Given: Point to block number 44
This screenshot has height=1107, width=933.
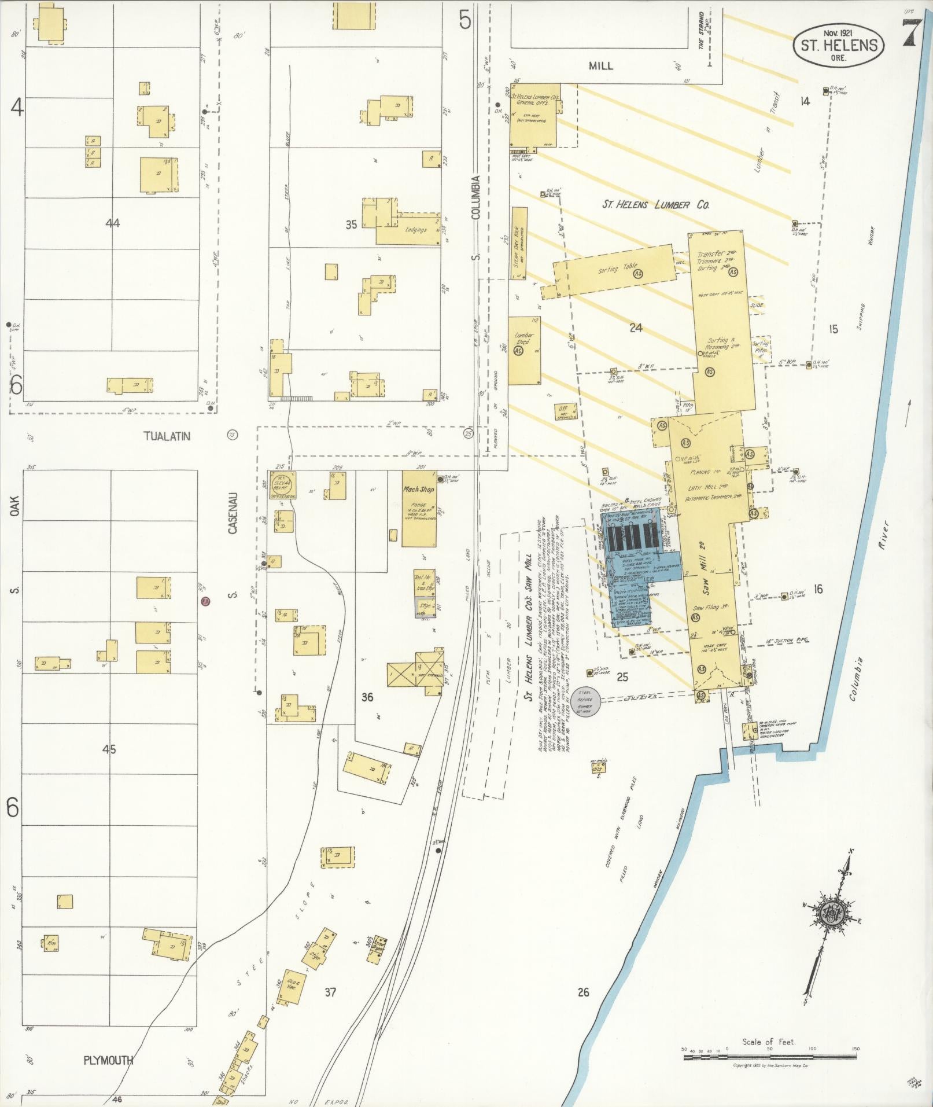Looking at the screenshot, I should [112, 223].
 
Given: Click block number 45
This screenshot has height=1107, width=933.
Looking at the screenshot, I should [109, 749].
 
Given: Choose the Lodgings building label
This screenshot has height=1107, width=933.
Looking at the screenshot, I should [416, 230].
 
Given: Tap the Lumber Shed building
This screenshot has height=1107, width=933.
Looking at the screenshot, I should [525, 351].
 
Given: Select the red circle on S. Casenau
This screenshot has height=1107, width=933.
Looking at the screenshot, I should [204, 602].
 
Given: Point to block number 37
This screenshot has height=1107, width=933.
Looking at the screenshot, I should [330, 992].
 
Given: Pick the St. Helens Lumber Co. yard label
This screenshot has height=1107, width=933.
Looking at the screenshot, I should [656, 204].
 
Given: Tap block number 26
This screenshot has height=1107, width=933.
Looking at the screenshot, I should [583, 992].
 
